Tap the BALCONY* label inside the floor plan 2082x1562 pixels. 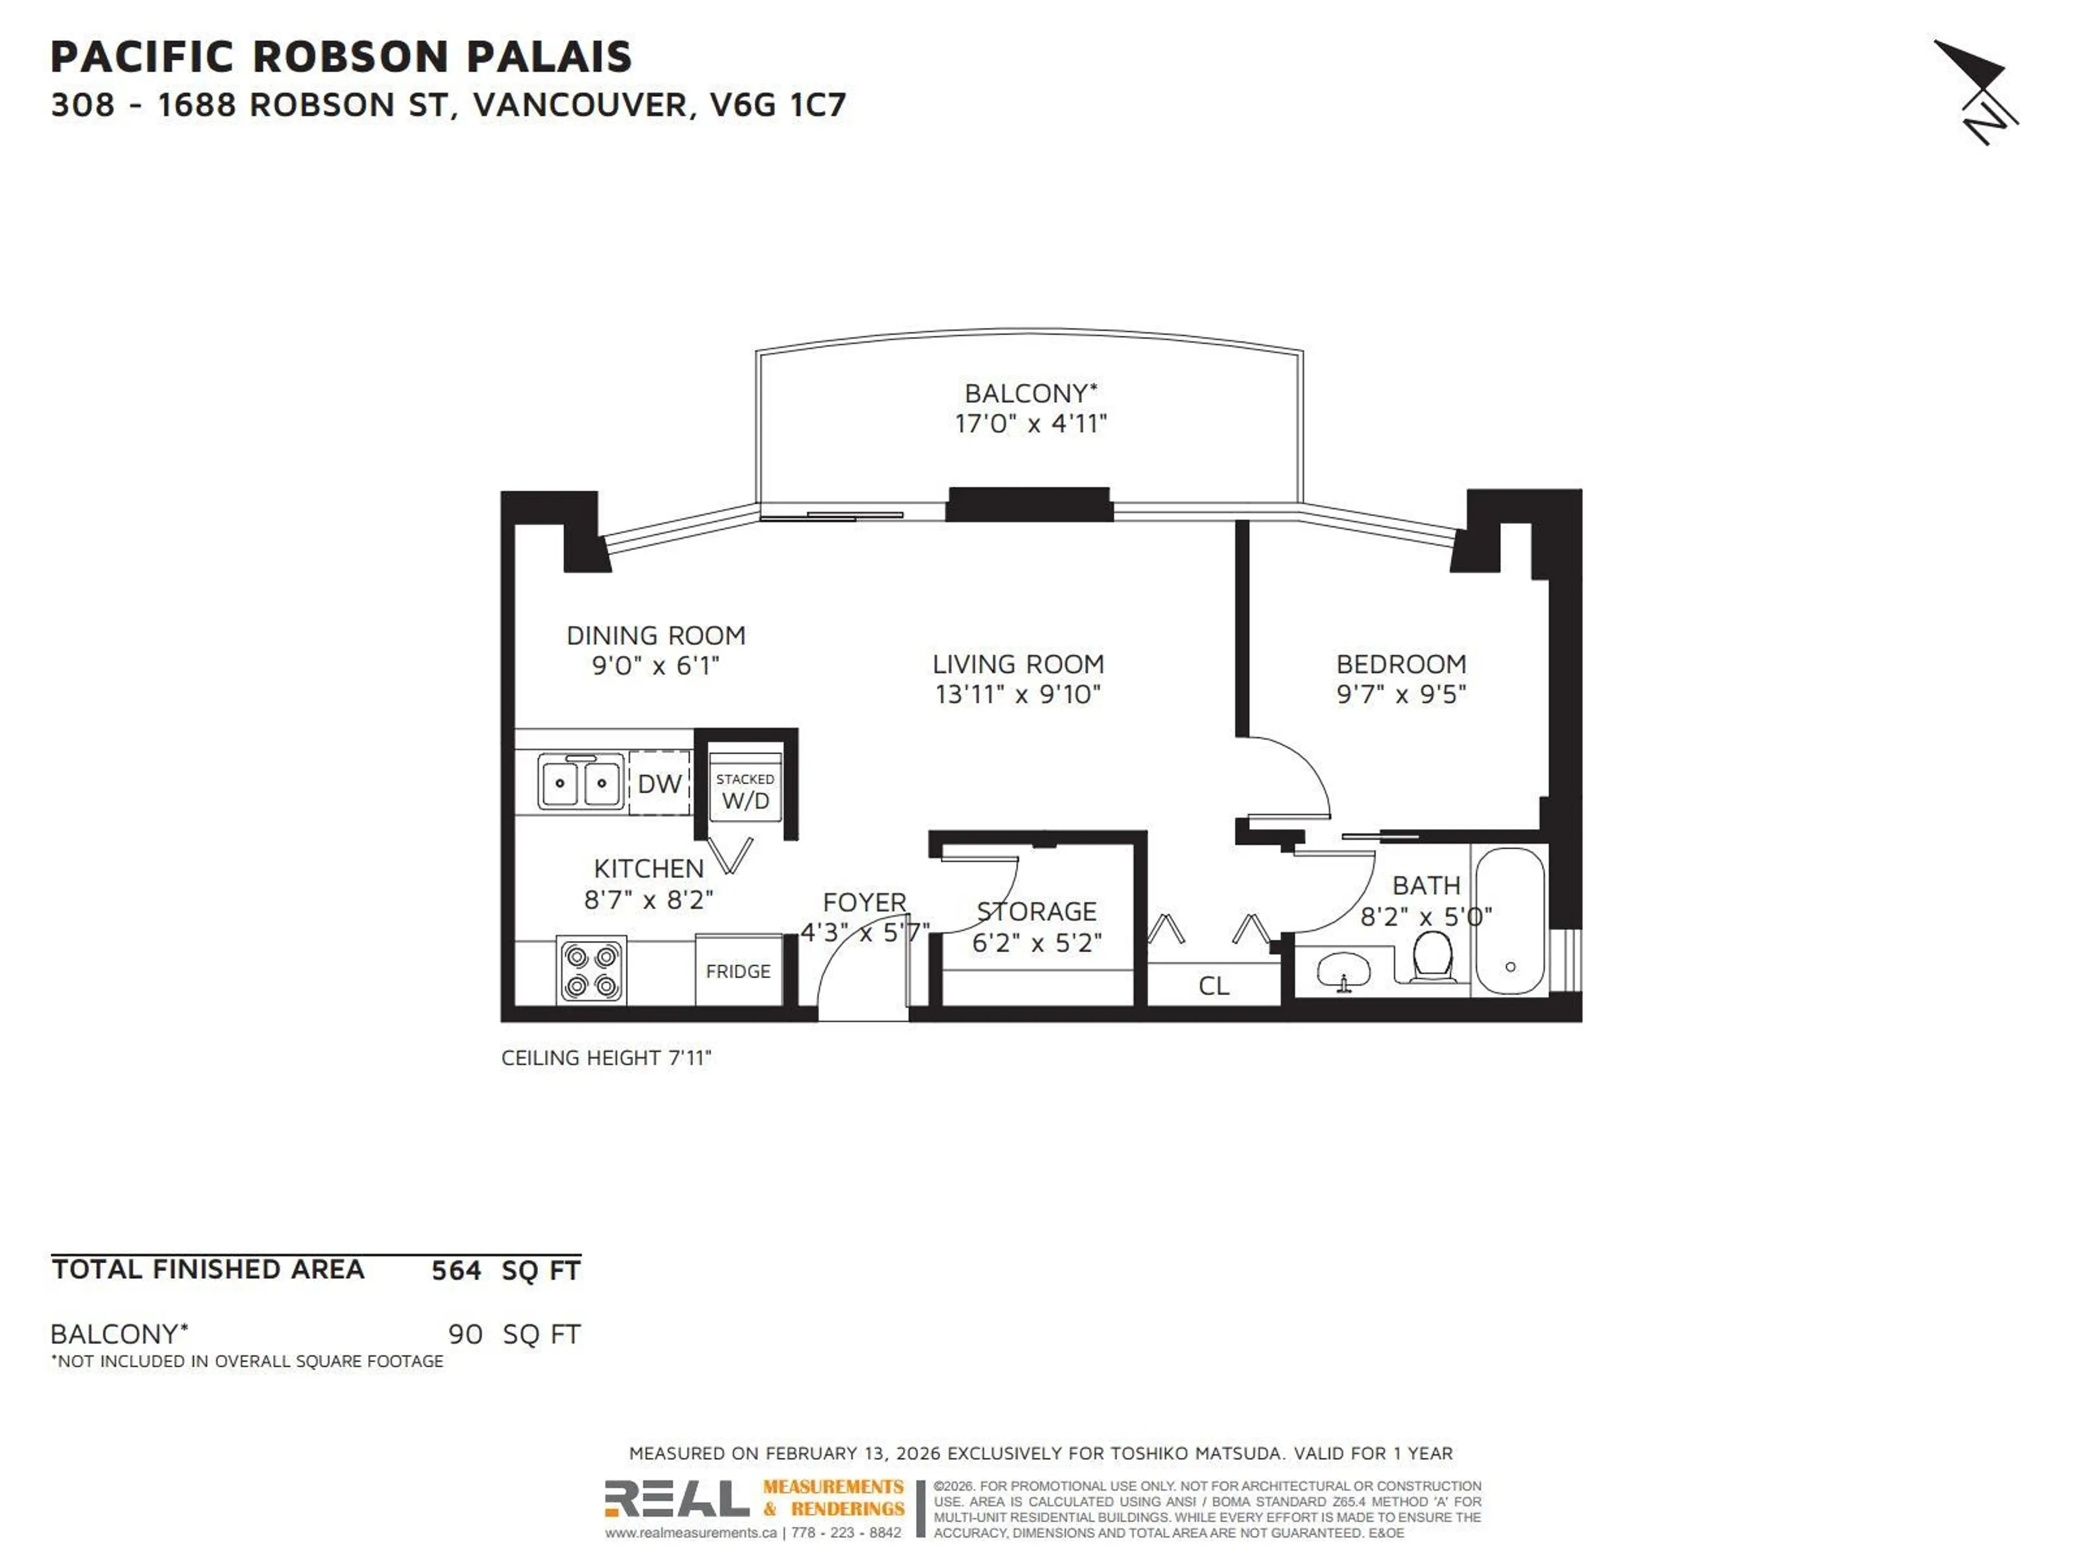click(1031, 394)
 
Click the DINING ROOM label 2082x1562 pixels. click(656, 636)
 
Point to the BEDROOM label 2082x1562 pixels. click(1400, 664)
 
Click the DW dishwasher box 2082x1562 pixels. click(659, 783)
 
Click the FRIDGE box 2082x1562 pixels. click(738, 971)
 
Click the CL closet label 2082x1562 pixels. click(1213, 986)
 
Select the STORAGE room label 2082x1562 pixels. click(1036, 911)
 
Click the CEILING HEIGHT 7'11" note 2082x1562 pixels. click(606, 1058)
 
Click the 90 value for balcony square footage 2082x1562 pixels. click(465, 1334)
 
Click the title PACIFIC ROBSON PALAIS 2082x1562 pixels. click(340, 56)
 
